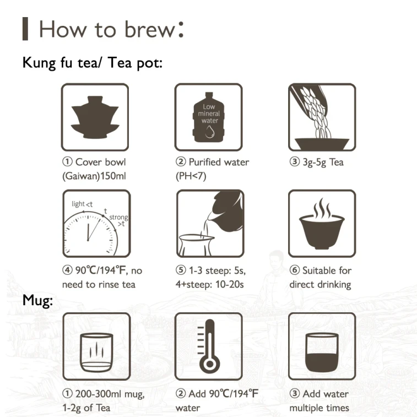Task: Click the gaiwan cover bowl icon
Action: click(95, 117)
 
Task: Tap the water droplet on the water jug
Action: click(210, 132)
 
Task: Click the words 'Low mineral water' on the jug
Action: click(209, 113)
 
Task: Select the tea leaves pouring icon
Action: click(322, 117)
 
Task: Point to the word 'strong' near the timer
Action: click(118, 217)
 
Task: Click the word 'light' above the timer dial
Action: click(78, 204)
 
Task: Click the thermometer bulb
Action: click(210, 364)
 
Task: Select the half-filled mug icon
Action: click(322, 352)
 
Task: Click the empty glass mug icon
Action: click(96, 353)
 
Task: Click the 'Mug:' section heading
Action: click(37, 301)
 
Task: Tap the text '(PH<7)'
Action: click(191, 176)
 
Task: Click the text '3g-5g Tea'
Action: click(323, 162)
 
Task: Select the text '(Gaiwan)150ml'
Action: click(94, 176)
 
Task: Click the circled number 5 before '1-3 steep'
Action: click(181, 270)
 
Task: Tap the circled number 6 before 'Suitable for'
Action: click(295, 270)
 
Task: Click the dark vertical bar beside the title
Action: click(25, 29)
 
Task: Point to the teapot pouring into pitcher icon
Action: click(210, 224)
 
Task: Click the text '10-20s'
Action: click(230, 284)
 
